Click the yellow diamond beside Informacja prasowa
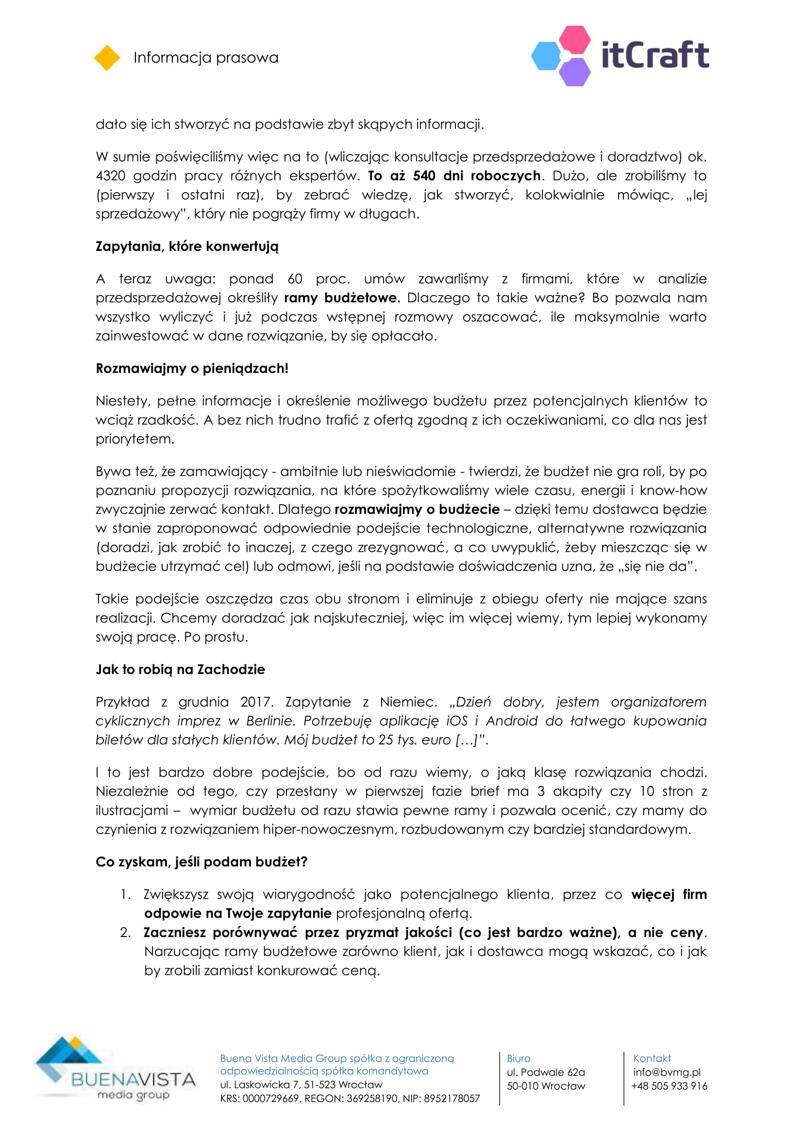[107, 58]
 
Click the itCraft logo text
[654, 55]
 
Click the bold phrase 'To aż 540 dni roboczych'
[454, 176]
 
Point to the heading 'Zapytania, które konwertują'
[187, 246]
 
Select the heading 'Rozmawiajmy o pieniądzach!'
[192, 368]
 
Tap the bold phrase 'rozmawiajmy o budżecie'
[417, 510]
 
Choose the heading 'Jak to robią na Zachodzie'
[180, 669]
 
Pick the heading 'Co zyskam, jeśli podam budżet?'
[201, 862]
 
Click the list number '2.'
[126, 932]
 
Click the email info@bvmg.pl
[667, 1072]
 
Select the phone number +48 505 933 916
[669, 1086]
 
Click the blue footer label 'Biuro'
[518, 1058]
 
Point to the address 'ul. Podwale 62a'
[545, 1072]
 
